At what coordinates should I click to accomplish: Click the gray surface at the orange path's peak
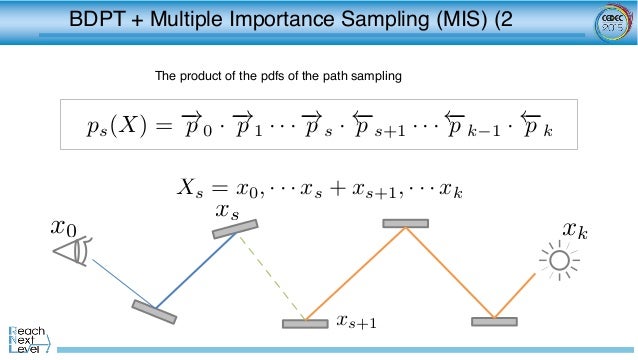point(405,223)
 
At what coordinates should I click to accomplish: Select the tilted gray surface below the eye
point(154,311)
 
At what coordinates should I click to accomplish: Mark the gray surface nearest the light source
point(495,322)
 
